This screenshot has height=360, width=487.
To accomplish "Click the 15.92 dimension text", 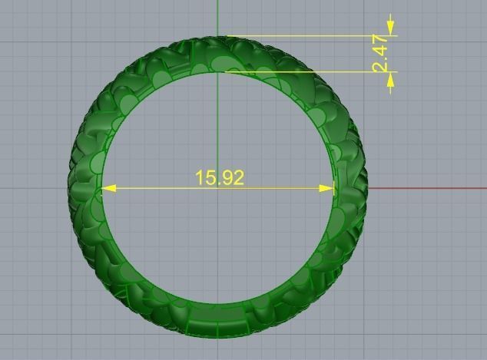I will pos(220,178).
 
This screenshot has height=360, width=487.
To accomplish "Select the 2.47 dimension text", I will pos(381,54).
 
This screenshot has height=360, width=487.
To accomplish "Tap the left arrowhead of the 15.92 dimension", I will pos(108,188).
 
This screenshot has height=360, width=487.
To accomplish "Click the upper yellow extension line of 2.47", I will pos(307,36).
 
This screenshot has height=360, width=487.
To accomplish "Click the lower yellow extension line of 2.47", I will pos(307,73).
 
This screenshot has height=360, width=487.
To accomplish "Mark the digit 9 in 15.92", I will pos(228,178).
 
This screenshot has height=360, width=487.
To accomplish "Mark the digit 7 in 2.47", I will pos(381,41).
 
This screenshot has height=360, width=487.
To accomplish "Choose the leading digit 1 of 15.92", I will pos(200,178).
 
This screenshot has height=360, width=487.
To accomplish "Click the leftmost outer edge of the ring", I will pos(69,187).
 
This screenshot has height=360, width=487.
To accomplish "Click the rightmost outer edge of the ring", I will pos(368,187).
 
